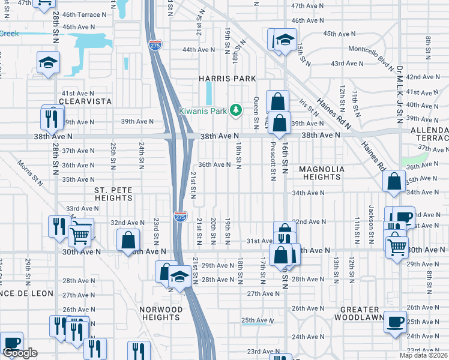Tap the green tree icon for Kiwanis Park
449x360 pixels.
pos(237,110)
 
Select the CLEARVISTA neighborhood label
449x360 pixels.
pos(86,102)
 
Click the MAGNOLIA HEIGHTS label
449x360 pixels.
pos(322,173)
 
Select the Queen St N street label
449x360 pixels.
pos(256,113)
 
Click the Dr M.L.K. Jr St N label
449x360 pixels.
pos(399,95)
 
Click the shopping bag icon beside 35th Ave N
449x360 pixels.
pos(393,182)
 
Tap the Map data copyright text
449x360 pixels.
pos(423,355)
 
